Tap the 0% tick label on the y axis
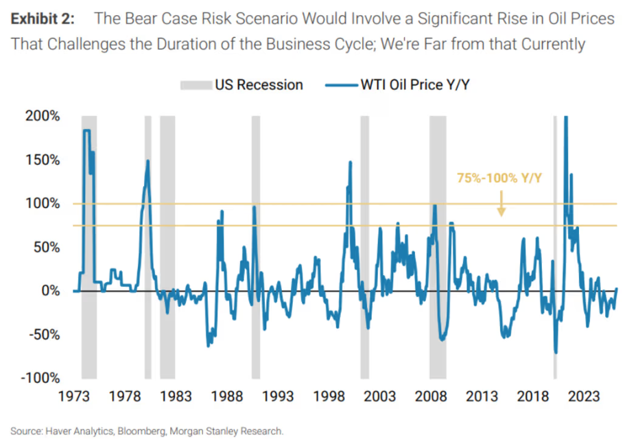pos(51,291)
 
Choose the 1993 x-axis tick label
pos(278,397)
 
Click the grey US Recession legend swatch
pos(194,86)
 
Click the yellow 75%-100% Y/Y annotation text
pos(499,178)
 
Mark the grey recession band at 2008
pos(438,247)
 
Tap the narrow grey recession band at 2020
pos(555,247)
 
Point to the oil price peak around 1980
pos(147,161)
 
